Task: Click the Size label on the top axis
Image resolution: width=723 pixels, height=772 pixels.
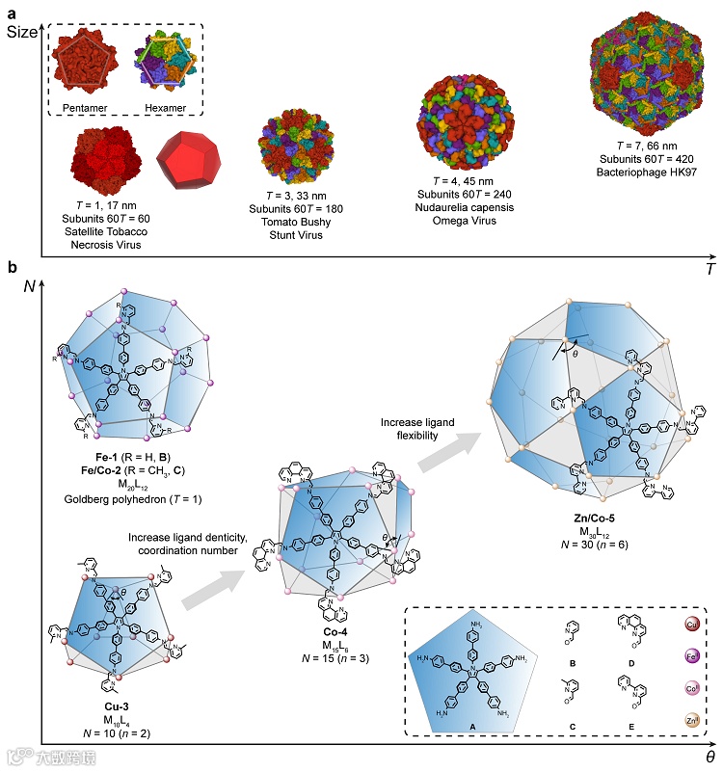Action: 23,32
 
